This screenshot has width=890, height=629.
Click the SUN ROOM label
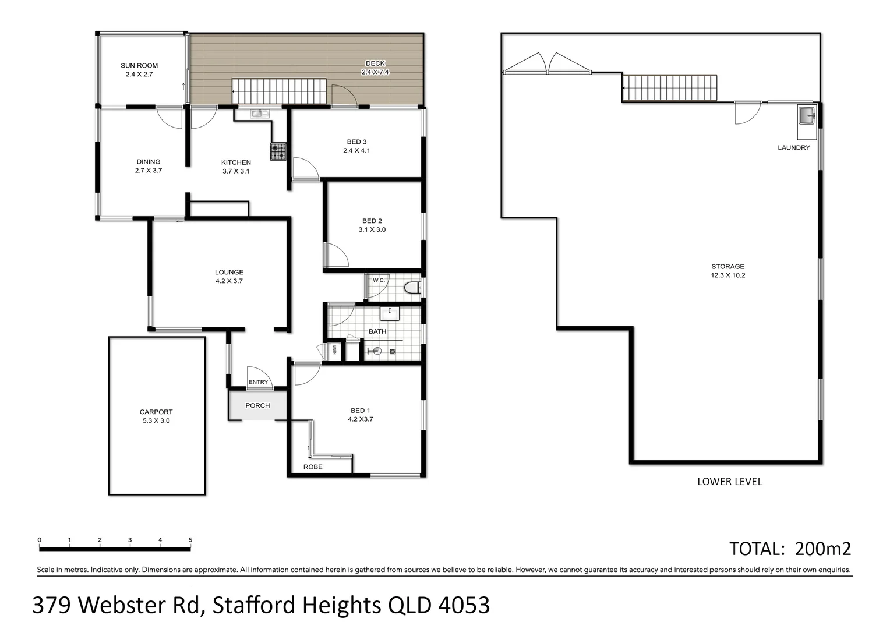tap(139, 70)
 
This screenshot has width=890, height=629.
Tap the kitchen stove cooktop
tap(278, 151)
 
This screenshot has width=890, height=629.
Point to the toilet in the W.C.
tap(412, 287)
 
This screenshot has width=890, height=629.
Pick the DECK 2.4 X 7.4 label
tap(375, 68)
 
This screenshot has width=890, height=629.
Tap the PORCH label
tap(257, 405)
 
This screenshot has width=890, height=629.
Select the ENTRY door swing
tap(259, 376)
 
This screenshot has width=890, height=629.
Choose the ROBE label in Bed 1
tap(313, 467)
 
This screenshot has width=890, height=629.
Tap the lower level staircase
tap(669, 88)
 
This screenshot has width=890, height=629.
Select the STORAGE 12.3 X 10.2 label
tap(727, 271)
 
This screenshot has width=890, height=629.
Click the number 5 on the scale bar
tap(190, 540)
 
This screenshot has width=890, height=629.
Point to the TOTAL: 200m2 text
tap(790, 549)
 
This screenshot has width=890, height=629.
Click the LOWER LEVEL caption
tap(729, 482)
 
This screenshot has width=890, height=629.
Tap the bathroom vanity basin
tap(390, 313)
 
